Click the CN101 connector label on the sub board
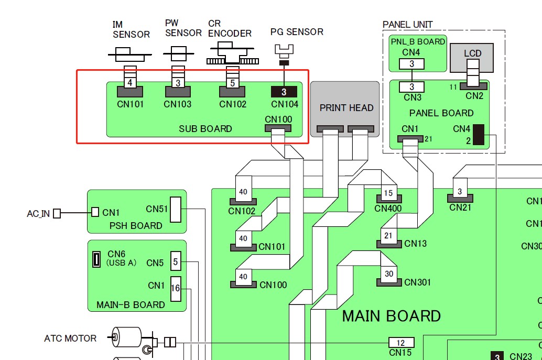(x=131, y=104)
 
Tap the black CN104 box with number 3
(x=284, y=92)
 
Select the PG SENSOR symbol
(x=284, y=51)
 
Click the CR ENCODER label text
(x=230, y=28)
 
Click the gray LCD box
(x=472, y=57)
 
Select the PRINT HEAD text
(x=346, y=108)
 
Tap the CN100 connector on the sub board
(x=278, y=128)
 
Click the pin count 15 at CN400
(x=388, y=193)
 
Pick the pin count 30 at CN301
(x=389, y=274)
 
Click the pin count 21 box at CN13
(x=388, y=236)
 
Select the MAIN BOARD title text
(x=391, y=316)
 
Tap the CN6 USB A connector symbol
(x=96, y=259)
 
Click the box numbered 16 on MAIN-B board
(x=176, y=288)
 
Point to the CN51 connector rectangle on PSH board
(x=175, y=209)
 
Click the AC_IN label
(x=38, y=213)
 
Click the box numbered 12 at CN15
(x=401, y=342)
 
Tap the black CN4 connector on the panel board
(x=478, y=135)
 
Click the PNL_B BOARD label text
(x=418, y=41)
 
